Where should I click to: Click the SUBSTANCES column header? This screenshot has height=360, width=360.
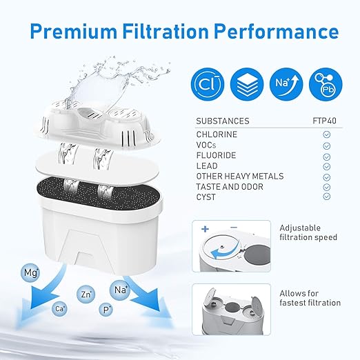tap(223, 121)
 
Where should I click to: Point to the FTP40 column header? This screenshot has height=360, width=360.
tap(326, 121)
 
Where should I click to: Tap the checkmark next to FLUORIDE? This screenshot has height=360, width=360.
tap(326, 156)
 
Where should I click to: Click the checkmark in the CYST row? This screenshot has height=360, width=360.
tap(326, 197)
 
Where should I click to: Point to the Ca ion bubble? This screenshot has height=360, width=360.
tap(60, 309)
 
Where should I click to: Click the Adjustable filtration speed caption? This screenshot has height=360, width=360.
tap(308, 232)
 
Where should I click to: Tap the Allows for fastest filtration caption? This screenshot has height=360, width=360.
tap(310, 298)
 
